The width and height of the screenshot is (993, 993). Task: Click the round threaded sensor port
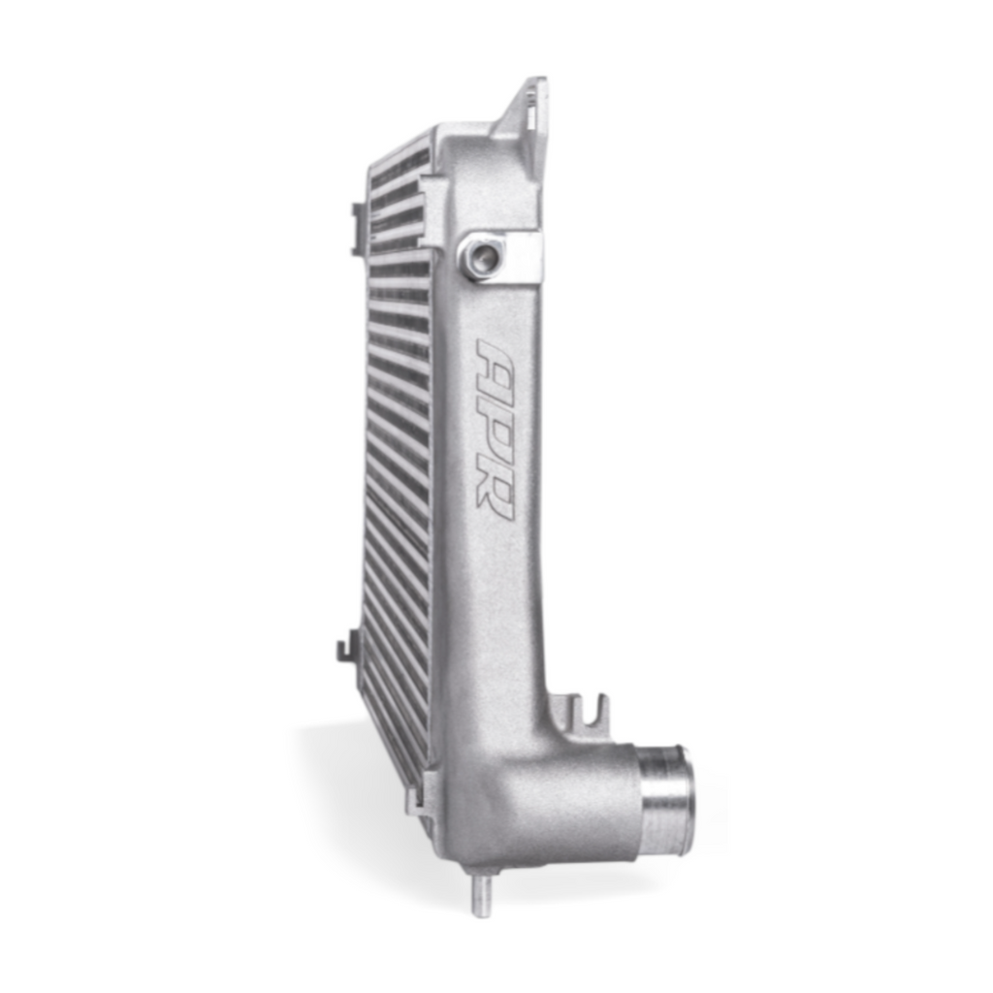(x=480, y=255)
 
